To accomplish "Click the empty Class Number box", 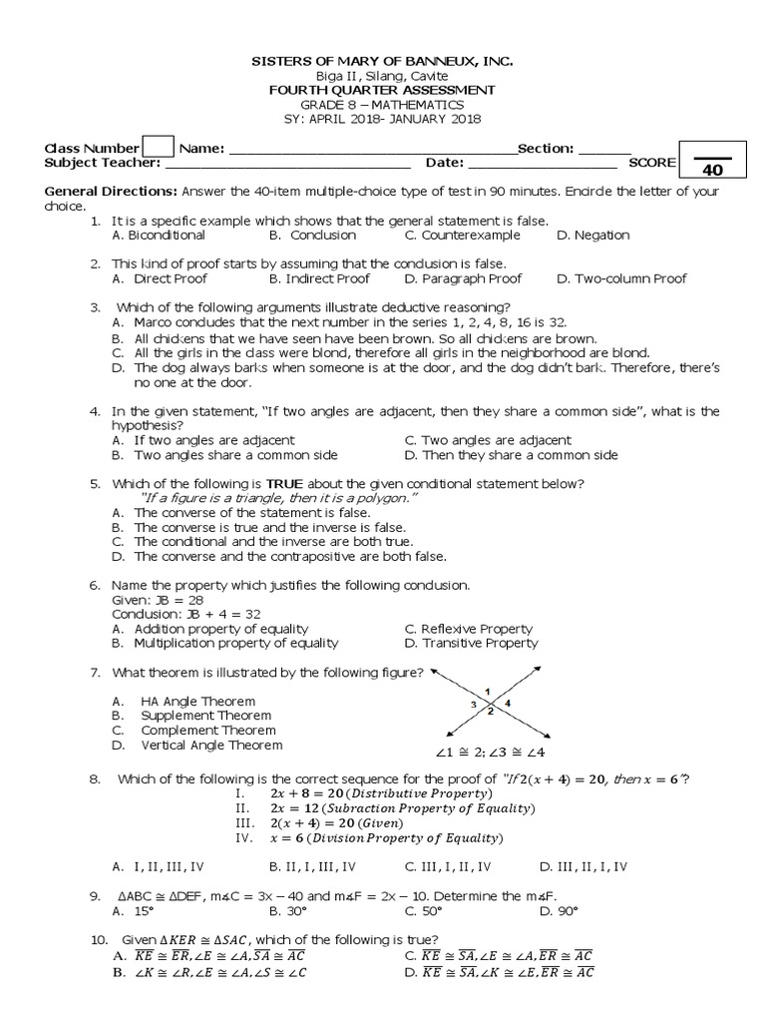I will pyautogui.click(x=159, y=148).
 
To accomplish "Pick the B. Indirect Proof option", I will pyautogui.click(x=319, y=279).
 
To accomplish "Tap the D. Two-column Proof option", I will pyautogui.click(x=620, y=279).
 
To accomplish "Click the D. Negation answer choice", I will pyautogui.click(x=592, y=236).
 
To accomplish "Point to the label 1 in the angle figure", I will pyautogui.click(x=487, y=692).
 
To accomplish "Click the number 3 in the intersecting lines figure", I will pyautogui.click(x=474, y=705).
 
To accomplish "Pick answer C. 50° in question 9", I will pyautogui.click(x=418, y=911).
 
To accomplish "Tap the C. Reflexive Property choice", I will pyautogui.click(x=469, y=629).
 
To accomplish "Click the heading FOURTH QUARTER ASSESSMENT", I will pyautogui.click(x=383, y=90).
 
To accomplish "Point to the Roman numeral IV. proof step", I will pyautogui.click(x=246, y=837).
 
